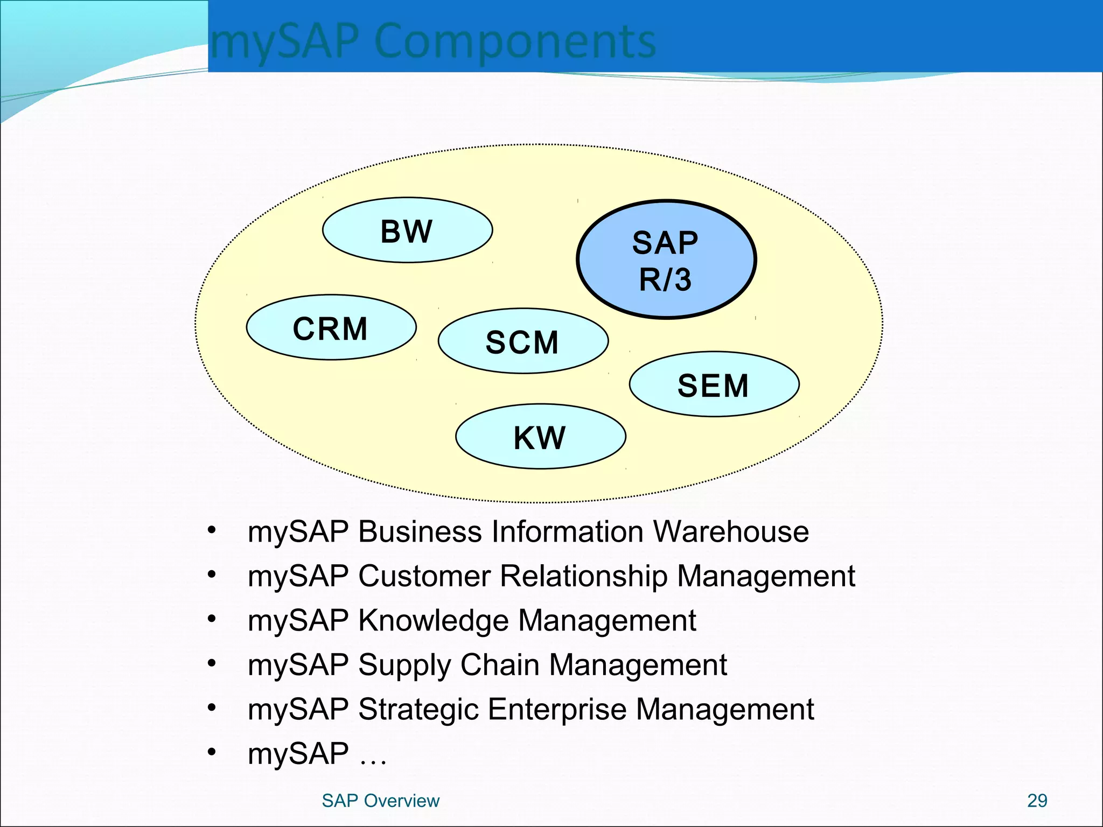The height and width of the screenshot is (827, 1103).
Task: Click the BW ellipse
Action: coord(407,230)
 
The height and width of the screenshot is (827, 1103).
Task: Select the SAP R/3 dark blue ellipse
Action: coord(666,260)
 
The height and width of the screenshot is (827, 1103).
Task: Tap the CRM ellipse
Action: coord(331,327)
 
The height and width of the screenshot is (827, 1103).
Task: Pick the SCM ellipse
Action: coord(523,341)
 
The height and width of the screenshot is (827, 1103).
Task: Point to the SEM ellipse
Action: coord(714,384)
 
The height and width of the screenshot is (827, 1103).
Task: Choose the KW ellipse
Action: coord(540,437)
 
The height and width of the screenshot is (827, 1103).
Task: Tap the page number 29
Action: coord(1037,801)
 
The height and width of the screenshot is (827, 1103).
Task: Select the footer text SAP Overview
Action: coord(380,801)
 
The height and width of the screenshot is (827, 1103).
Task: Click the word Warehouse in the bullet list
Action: coord(731,531)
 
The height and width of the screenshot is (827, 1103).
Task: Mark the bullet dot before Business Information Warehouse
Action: coord(212,530)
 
